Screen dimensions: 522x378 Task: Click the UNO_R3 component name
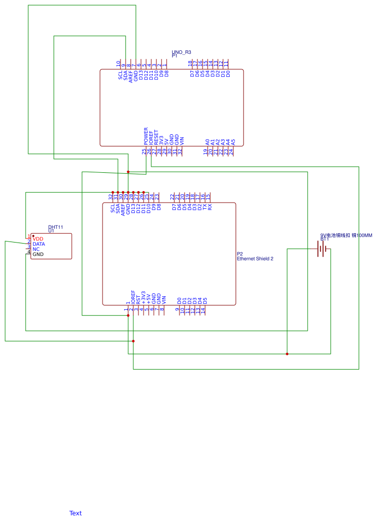(182, 52)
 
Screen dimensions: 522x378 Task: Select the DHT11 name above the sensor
(55, 227)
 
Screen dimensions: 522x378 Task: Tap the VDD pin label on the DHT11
(38, 239)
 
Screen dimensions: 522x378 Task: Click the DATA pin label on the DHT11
(39, 244)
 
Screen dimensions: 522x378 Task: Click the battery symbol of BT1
(322, 249)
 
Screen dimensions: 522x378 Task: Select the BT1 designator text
(325, 239)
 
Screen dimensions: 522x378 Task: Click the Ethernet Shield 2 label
(255, 259)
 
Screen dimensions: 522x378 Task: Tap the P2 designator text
(240, 254)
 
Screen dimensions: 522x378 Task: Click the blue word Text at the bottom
(75, 513)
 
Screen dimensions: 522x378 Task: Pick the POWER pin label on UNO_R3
(146, 135)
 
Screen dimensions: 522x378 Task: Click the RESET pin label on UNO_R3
(156, 136)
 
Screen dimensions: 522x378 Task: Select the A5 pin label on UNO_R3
(233, 141)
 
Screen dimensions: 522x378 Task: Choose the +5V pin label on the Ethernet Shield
(148, 298)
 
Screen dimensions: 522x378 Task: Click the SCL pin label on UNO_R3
(121, 75)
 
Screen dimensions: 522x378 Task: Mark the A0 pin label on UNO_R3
(207, 141)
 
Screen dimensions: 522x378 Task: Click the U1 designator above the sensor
(51, 231)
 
